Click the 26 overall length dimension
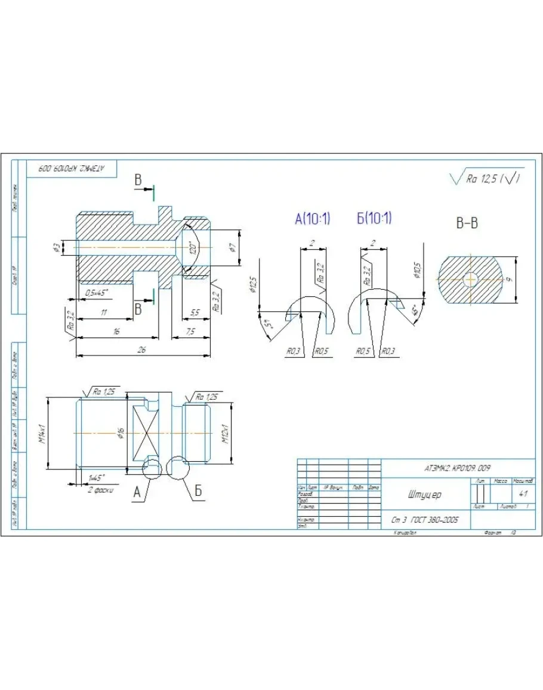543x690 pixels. pyautogui.click(x=141, y=350)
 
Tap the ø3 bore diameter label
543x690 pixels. pyautogui.click(x=55, y=247)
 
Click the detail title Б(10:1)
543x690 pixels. pyautogui.click(x=374, y=219)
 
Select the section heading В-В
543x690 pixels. pyautogui.click(x=467, y=223)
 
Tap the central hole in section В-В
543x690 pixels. pyautogui.click(x=470, y=278)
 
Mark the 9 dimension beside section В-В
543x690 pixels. pyautogui.click(x=525, y=278)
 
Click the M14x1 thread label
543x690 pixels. pyautogui.click(x=43, y=431)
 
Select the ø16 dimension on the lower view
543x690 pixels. pyautogui.click(x=121, y=433)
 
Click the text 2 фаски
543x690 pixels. pyautogui.click(x=100, y=490)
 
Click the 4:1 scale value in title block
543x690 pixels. pyautogui.click(x=523, y=494)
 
